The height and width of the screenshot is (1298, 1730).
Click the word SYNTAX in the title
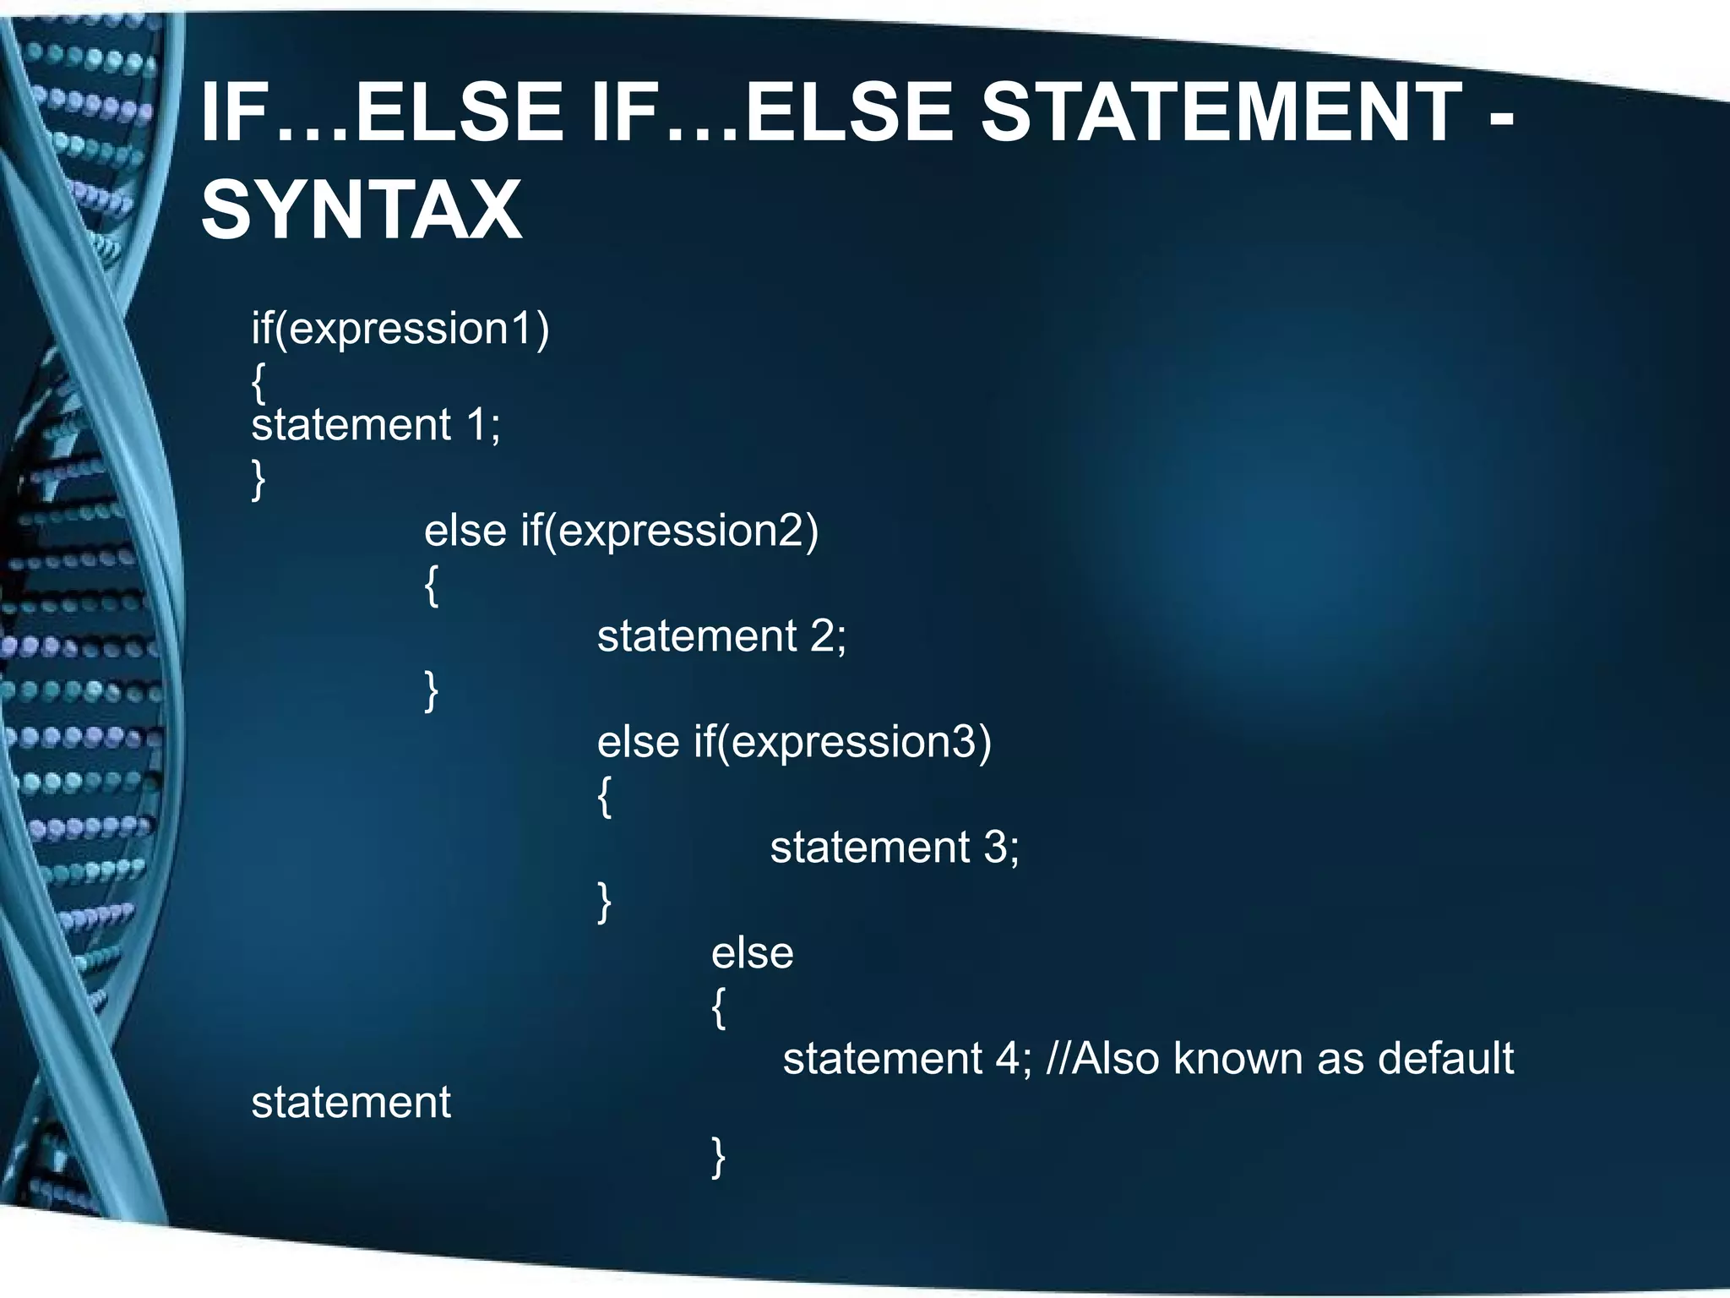(x=362, y=210)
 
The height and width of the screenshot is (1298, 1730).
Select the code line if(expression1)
(x=400, y=328)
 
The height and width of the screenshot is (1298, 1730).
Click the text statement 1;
(x=376, y=424)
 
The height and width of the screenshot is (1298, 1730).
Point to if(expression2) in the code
(x=670, y=531)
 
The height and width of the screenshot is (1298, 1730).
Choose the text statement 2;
(x=721, y=635)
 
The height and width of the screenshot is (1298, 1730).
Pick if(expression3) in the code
(x=843, y=742)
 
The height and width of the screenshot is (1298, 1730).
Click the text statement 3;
(x=895, y=847)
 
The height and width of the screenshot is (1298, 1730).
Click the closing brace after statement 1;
(x=258, y=480)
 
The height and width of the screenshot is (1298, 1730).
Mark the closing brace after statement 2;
(x=432, y=690)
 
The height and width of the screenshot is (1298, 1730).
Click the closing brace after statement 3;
(x=605, y=902)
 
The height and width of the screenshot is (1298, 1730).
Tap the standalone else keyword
(x=752, y=953)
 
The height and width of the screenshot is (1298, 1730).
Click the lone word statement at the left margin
(x=351, y=1102)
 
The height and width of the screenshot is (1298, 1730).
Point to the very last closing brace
(x=719, y=1156)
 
